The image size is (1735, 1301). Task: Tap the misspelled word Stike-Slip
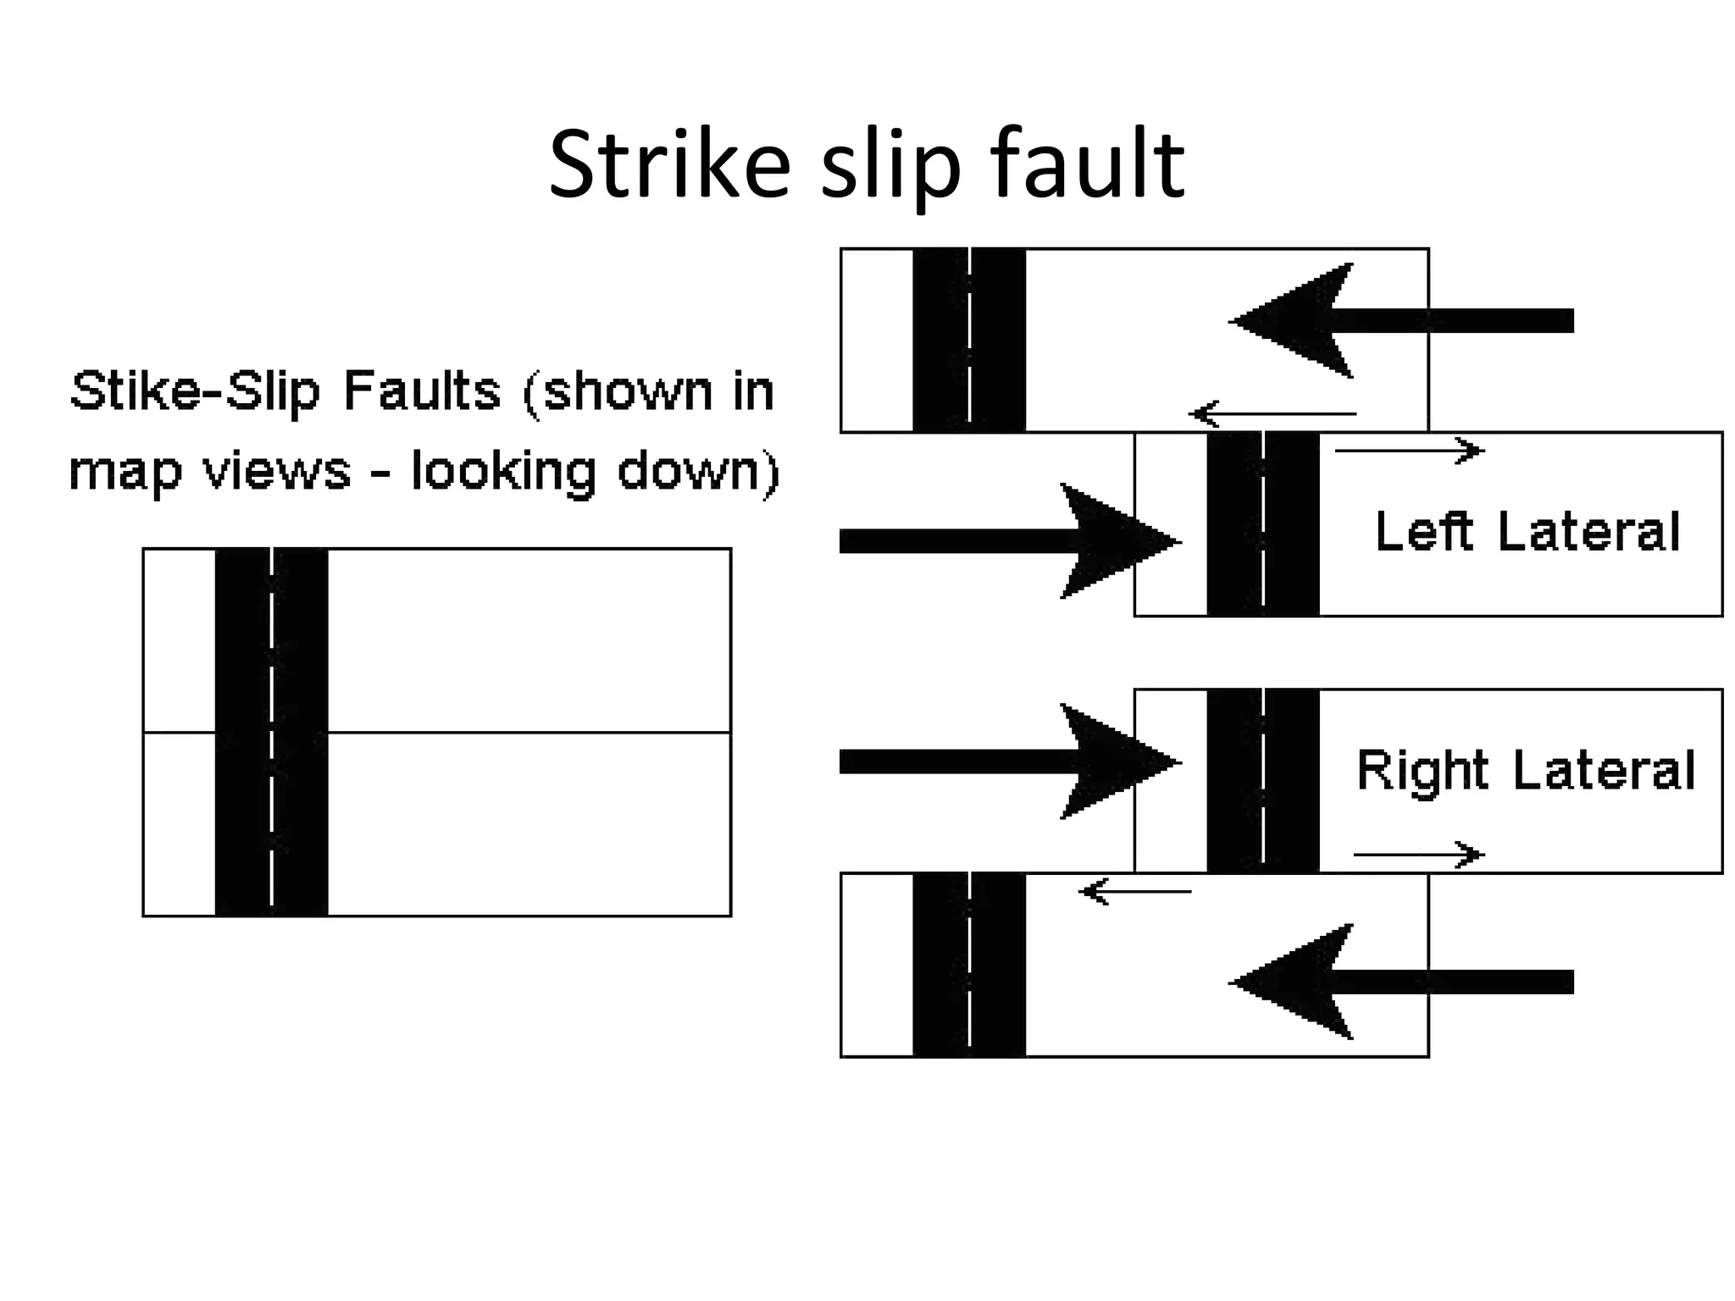pyautogui.click(x=196, y=392)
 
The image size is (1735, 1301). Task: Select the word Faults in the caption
pyautogui.click(x=421, y=391)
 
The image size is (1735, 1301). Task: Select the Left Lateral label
pyautogui.click(x=1527, y=532)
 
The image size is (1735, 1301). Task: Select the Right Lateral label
pyautogui.click(x=1526, y=770)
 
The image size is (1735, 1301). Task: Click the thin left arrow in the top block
pyautogui.click(x=1272, y=414)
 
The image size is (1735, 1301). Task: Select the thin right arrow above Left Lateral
pyautogui.click(x=1409, y=451)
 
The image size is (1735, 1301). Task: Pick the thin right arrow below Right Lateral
pyautogui.click(x=1418, y=855)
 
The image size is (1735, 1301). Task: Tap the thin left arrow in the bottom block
pyautogui.click(x=1134, y=891)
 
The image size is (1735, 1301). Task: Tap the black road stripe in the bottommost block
pyautogui.click(x=940, y=965)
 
